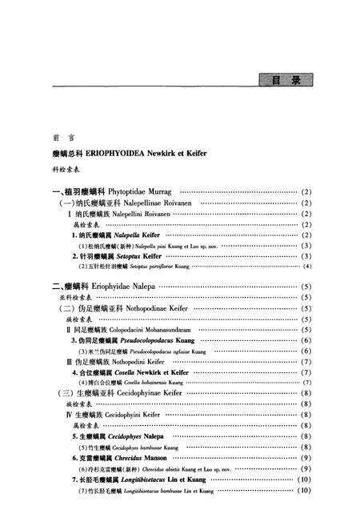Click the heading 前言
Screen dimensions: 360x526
59,137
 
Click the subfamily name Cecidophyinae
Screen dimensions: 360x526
152,393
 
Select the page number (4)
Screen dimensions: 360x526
306,266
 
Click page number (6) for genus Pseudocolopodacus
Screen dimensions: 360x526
306,340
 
